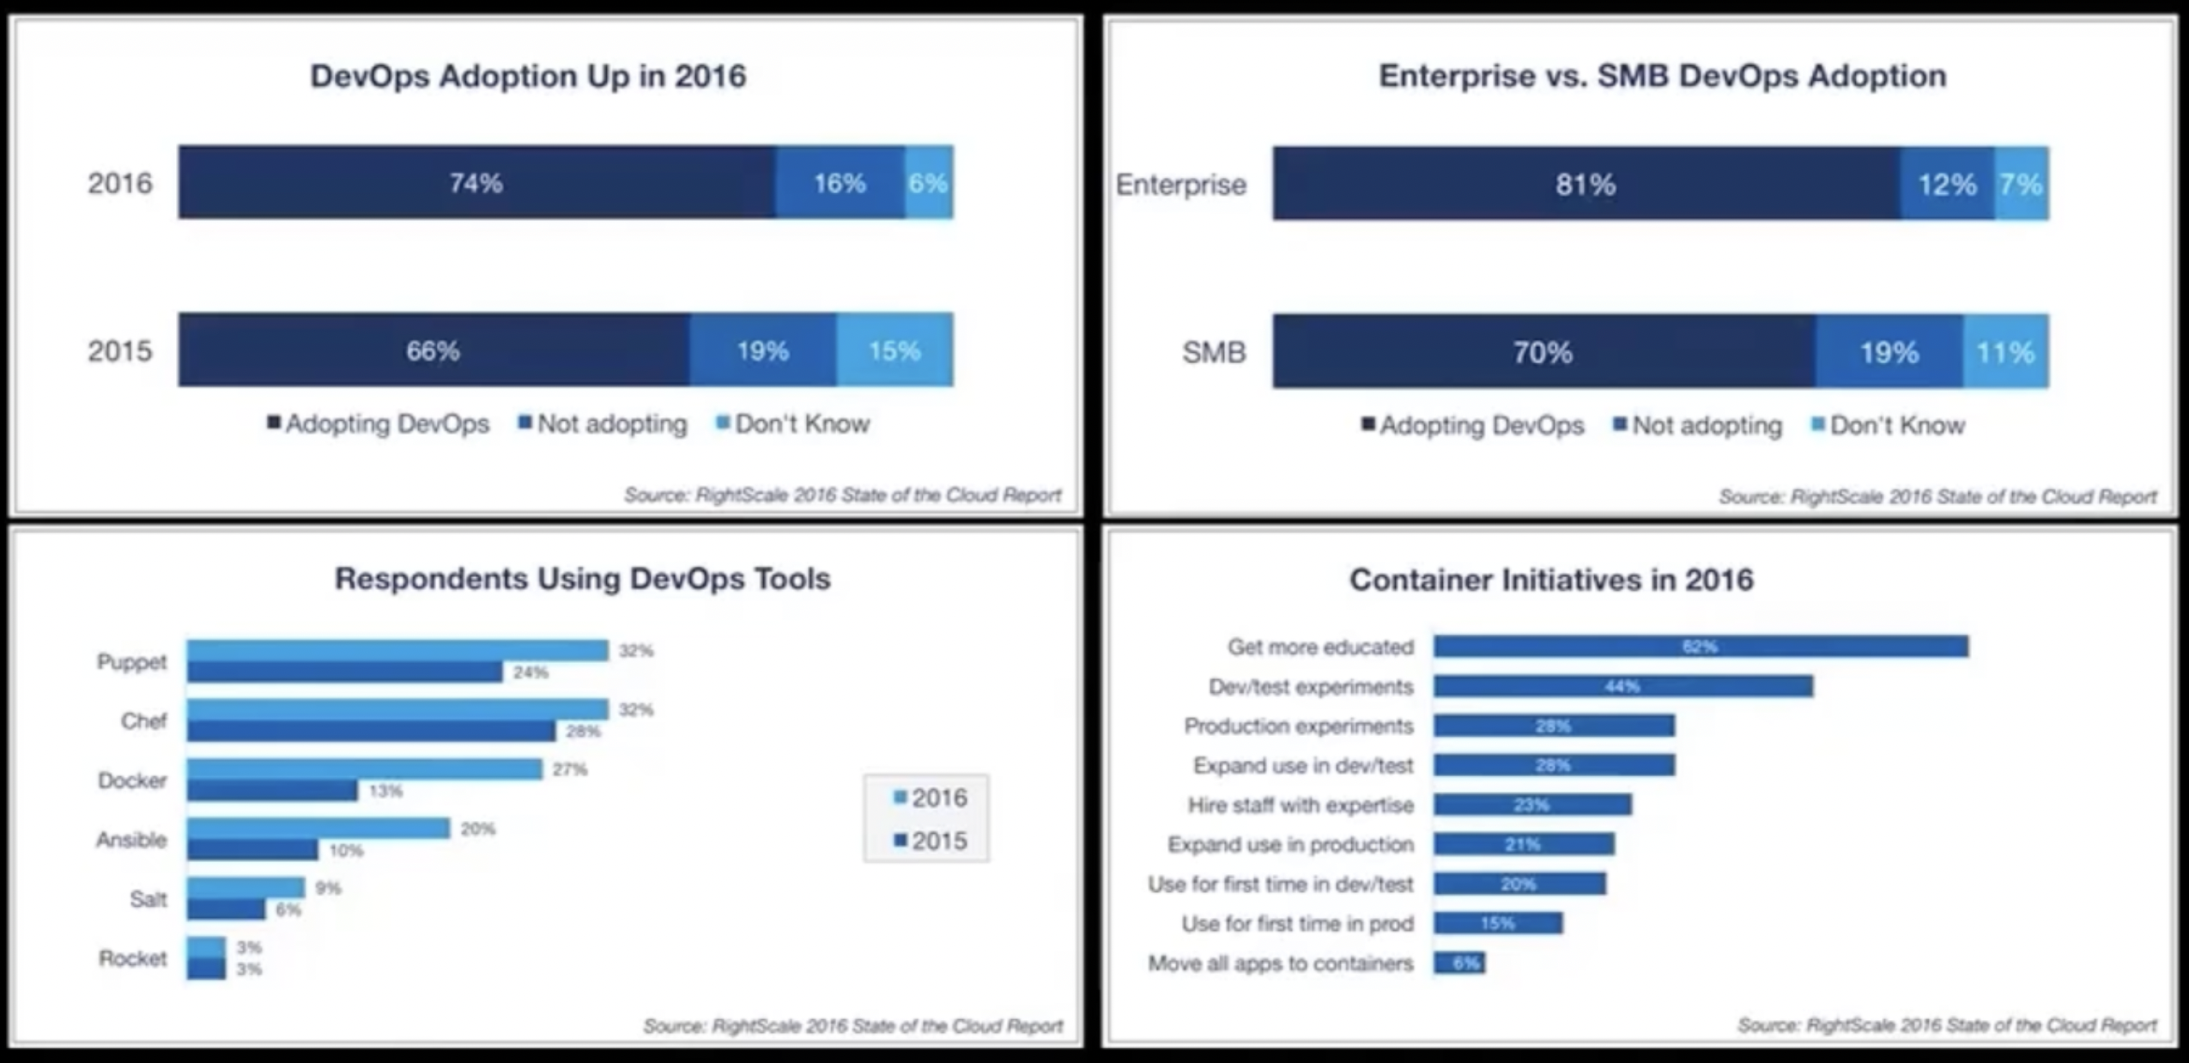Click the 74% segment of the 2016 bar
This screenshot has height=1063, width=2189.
[476, 182]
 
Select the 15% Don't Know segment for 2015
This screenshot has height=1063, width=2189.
[894, 350]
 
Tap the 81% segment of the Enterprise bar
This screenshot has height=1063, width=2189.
[1586, 184]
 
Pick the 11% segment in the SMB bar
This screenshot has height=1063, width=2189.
[2005, 352]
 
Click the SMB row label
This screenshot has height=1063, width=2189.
[1213, 352]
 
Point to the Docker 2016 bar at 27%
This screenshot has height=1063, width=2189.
[365, 768]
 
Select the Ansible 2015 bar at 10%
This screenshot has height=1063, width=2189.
[252, 850]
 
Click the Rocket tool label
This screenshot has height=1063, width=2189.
[132, 958]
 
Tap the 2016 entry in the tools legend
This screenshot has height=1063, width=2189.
[931, 798]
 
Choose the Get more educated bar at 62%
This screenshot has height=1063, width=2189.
[1700, 647]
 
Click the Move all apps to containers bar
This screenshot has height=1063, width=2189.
[1459, 963]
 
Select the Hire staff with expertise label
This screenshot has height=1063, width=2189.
[1301, 805]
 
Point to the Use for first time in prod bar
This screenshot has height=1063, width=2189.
[1498, 924]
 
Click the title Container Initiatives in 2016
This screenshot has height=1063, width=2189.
[1551, 580]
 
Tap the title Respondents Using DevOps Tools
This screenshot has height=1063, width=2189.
[582, 579]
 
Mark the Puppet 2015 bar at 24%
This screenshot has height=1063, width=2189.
[344, 672]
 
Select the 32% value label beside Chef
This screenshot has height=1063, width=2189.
[635, 709]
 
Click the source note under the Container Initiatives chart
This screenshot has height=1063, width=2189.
[1946, 1025]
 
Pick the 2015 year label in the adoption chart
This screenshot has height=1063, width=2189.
[119, 350]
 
